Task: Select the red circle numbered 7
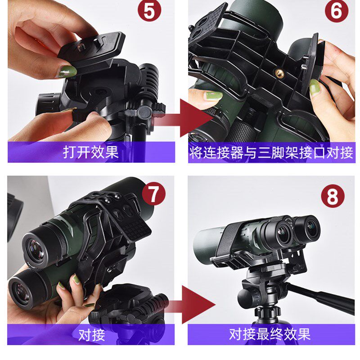(x=153, y=194)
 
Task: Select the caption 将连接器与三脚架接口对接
(x=271, y=153)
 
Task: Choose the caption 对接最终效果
(x=270, y=334)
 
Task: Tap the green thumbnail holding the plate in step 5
(x=66, y=71)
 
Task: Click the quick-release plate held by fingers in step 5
(x=94, y=50)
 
